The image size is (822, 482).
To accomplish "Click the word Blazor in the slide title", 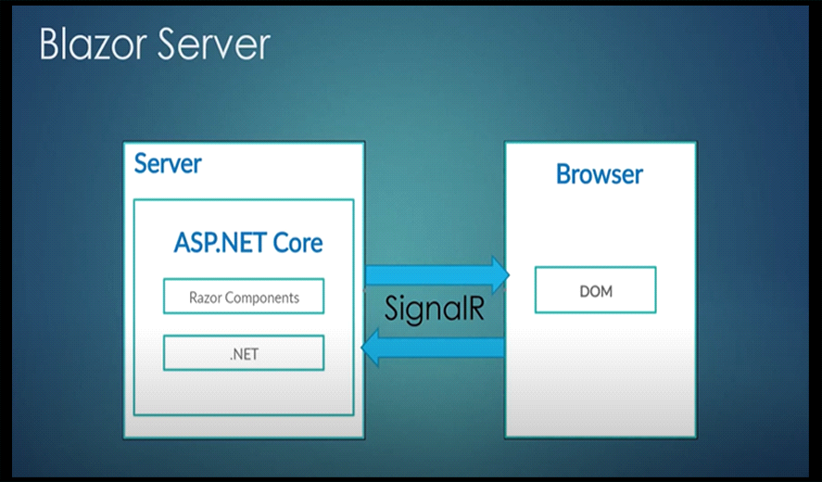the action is [x=93, y=44].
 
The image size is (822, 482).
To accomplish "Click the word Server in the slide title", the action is [x=213, y=44].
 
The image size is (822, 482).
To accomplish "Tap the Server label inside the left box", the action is [x=168, y=164].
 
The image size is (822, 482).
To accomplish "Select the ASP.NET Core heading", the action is [x=248, y=242].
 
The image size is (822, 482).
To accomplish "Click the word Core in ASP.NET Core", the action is [x=297, y=242].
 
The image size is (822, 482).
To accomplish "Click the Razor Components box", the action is [x=244, y=297].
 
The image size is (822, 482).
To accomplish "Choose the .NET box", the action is [x=244, y=353].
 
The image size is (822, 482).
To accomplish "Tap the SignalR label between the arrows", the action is [x=435, y=308].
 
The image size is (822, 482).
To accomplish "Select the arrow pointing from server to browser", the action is [x=436, y=275].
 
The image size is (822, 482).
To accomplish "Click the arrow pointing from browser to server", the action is [x=433, y=348].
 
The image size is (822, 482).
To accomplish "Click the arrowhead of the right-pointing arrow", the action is [x=500, y=275].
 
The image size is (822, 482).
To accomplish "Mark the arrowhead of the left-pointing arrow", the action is [x=370, y=348].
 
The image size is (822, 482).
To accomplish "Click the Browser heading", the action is [x=600, y=174].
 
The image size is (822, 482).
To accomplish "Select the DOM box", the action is [x=596, y=290].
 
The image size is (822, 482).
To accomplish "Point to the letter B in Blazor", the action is [x=49, y=44].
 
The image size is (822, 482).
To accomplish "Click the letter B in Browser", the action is [x=563, y=174].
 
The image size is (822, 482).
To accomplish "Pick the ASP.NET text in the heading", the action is [x=221, y=242].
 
